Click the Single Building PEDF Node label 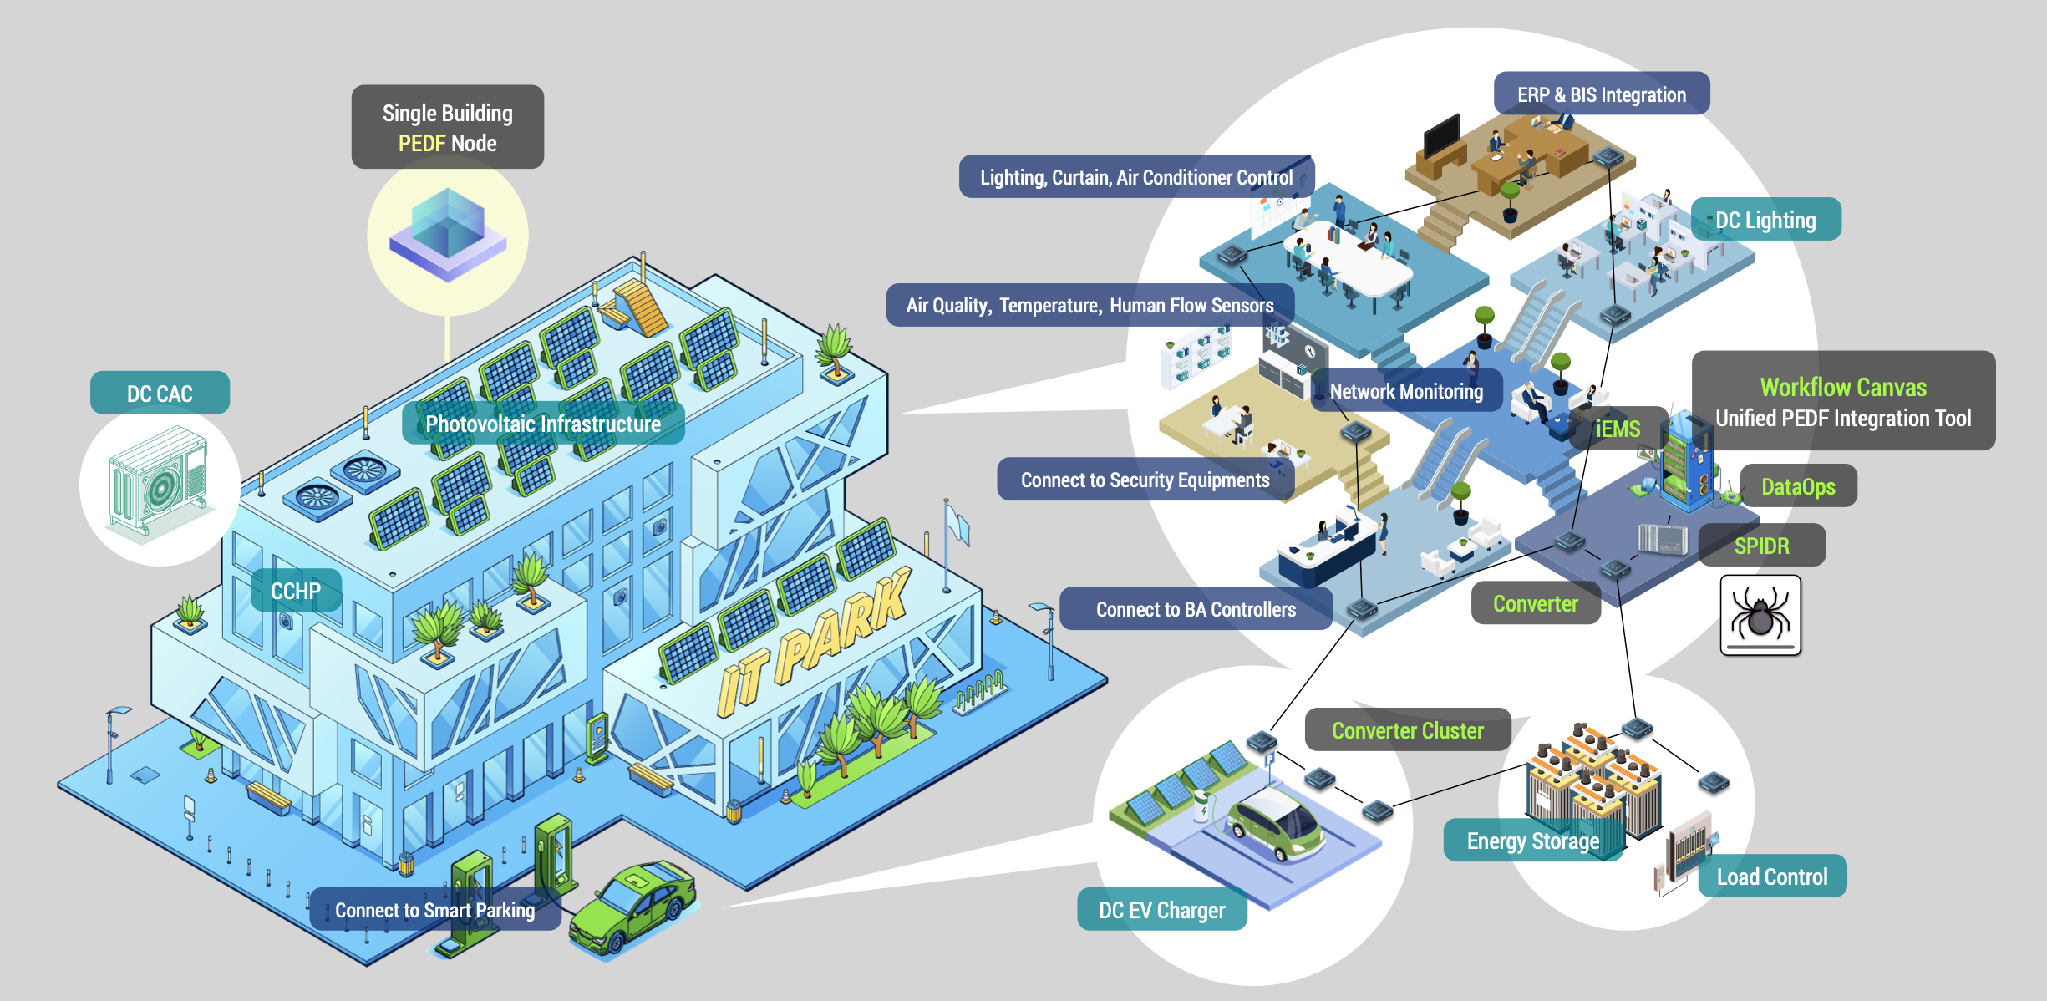[x=447, y=127]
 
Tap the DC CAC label [x=160, y=394]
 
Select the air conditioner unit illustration [x=159, y=485]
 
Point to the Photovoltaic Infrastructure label [x=543, y=424]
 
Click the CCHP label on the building [x=296, y=591]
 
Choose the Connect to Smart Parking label [x=434, y=910]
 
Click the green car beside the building [x=632, y=907]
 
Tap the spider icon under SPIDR [x=1760, y=616]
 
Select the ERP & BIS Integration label [x=1601, y=94]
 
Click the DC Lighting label [x=1765, y=220]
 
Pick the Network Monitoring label [x=1406, y=391]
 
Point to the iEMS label [x=1618, y=429]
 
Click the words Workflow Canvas [x=1843, y=387]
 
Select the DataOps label [x=1798, y=486]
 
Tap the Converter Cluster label [x=1407, y=730]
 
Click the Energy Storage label [x=1532, y=841]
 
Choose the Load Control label [x=1771, y=877]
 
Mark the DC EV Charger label [x=1161, y=910]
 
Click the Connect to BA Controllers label [x=1196, y=609]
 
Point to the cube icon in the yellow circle [x=448, y=234]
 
